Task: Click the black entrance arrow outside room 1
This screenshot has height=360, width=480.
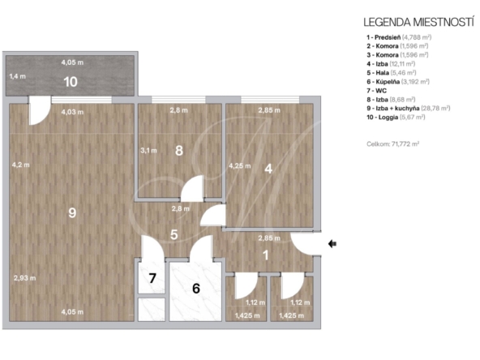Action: pos(332,244)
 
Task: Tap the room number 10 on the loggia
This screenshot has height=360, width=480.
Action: pos(71,82)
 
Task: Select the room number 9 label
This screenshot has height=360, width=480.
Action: pos(72,212)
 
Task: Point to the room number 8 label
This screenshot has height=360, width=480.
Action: pos(179,150)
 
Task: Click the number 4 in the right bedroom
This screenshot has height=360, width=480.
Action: pos(268,169)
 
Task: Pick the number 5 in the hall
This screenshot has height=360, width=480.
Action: pos(174,234)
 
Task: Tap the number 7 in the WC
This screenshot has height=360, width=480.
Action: pos(152,278)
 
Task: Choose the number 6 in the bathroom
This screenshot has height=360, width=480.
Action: pos(196,289)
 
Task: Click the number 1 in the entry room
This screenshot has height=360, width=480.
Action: pos(266,255)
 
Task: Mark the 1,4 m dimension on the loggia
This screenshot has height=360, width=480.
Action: pos(18,76)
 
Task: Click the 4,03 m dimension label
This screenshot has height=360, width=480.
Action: pos(72,112)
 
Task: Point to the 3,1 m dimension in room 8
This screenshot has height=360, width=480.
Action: pos(148,151)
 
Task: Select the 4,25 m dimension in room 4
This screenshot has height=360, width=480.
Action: pos(240,166)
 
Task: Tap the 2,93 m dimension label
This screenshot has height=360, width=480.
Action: pos(25,278)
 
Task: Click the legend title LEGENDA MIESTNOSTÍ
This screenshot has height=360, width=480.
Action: pos(418,22)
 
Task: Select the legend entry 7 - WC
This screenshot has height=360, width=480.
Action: pos(377,91)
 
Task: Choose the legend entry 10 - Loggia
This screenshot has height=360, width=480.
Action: pos(396,118)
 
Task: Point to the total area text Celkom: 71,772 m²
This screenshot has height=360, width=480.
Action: pos(392,144)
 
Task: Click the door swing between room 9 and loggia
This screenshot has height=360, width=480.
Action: pos(40,110)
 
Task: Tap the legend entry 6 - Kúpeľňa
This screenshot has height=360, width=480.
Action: pos(398,82)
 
